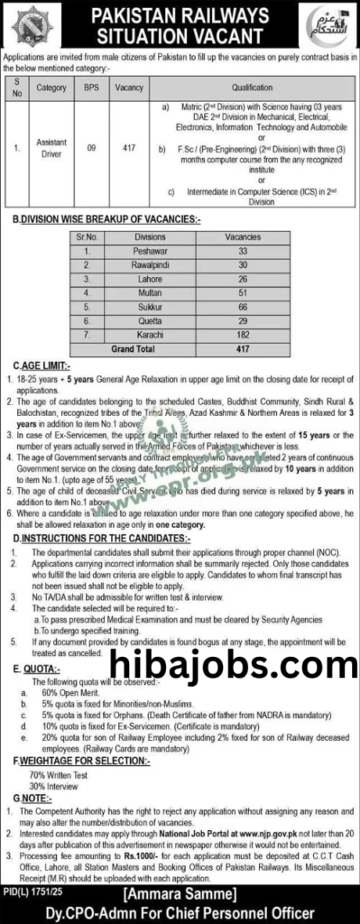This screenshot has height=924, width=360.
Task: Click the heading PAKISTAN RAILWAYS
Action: tap(180, 17)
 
